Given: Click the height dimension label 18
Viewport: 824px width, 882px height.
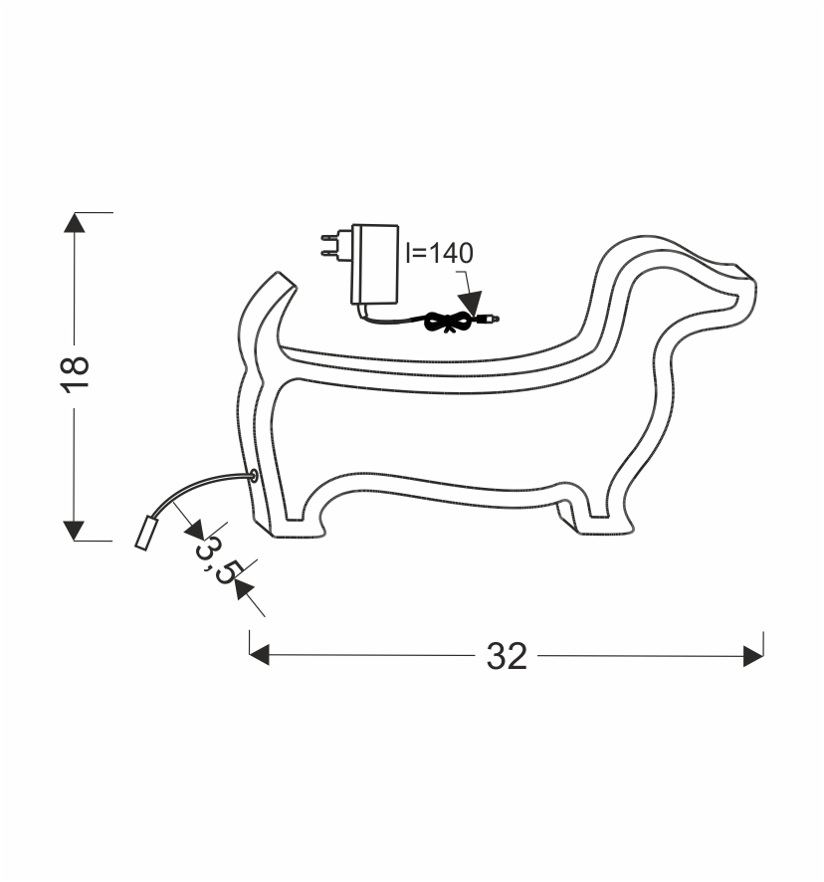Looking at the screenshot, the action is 75,373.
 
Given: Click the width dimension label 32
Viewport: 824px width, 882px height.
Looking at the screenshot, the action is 507,656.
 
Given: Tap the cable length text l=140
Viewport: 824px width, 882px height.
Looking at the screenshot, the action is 439,253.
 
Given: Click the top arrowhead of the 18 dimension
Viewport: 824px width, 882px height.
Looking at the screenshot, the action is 75,222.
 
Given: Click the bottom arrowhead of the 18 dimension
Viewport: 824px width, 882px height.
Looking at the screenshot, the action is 74,531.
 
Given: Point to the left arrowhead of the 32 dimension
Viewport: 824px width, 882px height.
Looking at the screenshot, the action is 260,655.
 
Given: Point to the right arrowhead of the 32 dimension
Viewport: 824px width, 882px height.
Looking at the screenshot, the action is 753,656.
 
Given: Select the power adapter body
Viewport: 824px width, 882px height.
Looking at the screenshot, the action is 374,265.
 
